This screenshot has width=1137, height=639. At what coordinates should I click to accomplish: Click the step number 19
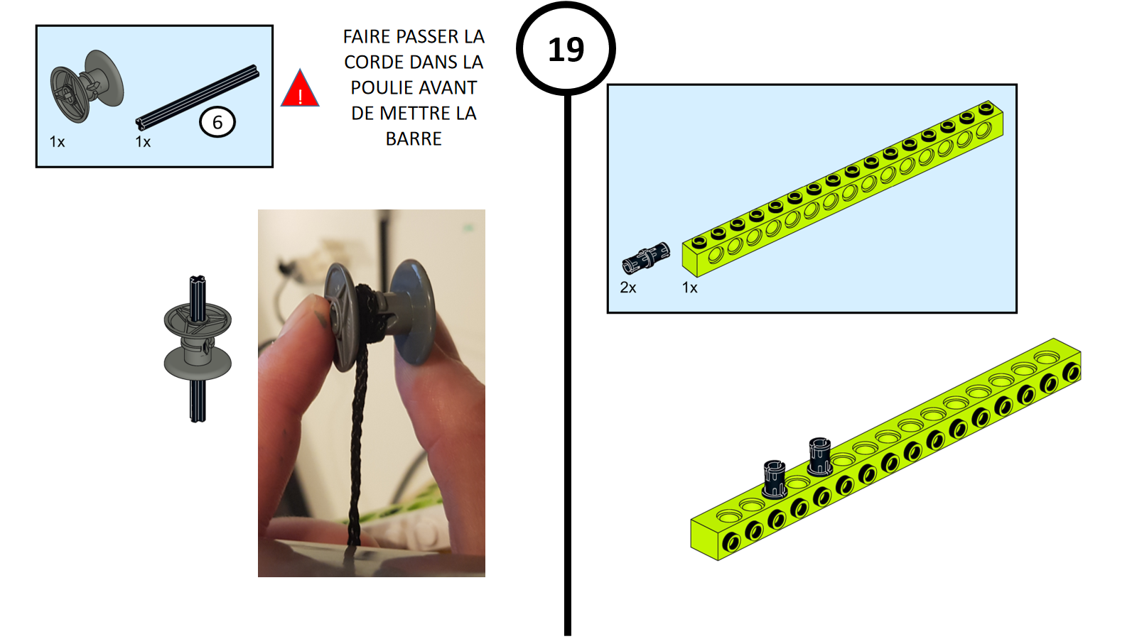pos(566,49)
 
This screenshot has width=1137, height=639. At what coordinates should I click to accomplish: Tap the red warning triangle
pos(300,89)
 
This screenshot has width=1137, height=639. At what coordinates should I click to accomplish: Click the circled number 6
pos(217,122)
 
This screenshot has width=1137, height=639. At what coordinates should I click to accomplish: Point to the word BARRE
pos(414,138)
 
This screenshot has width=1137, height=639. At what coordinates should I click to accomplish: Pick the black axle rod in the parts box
pos(198,97)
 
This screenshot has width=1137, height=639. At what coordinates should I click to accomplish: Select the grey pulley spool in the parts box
pos(87,86)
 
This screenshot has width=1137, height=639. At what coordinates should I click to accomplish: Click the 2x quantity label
pos(628,288)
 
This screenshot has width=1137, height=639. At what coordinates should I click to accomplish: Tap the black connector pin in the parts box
pos(646,258)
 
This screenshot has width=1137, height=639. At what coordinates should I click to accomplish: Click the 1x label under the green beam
pos(689,288)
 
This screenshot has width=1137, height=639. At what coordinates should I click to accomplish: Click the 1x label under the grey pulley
pos(57,142)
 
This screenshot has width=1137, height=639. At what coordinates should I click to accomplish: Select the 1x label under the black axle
pos(143,142)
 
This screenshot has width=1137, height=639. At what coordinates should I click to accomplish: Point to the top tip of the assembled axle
pos(198,277)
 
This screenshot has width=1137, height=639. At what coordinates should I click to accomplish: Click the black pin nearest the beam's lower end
pos(775,479)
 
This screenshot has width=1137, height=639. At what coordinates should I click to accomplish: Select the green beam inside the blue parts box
pos(843,189)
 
